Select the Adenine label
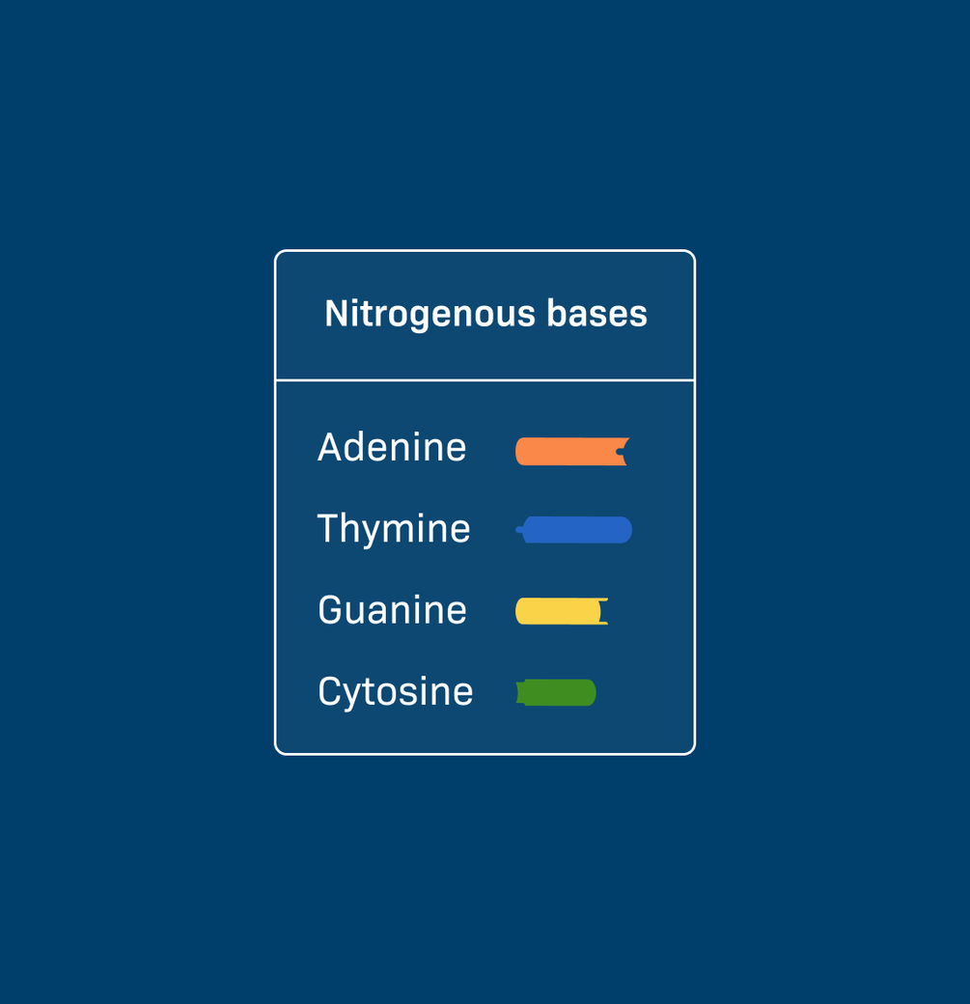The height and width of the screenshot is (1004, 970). [392, 447]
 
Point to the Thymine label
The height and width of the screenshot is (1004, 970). [394, 530]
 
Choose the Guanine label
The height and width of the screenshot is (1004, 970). [392, 609]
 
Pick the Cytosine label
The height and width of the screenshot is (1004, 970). [395, 693]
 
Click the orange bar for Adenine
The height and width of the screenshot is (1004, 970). [571, 452]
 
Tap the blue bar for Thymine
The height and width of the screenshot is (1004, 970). [574, 530]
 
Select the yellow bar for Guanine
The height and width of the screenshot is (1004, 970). [562, 611]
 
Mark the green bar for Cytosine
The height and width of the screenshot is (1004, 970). [556, 692]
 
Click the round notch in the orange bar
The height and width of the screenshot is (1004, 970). [621, 452]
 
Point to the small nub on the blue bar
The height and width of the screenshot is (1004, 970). [519, 530]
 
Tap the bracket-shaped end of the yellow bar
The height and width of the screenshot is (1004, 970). [603, 611]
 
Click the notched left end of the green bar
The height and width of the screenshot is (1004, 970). [520, 692]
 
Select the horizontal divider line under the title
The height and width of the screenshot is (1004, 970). [485, 380]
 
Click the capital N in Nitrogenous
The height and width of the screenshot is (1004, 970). [336, 314]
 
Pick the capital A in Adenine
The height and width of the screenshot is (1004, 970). [331, 447]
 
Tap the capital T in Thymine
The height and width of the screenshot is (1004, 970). [329, 528]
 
